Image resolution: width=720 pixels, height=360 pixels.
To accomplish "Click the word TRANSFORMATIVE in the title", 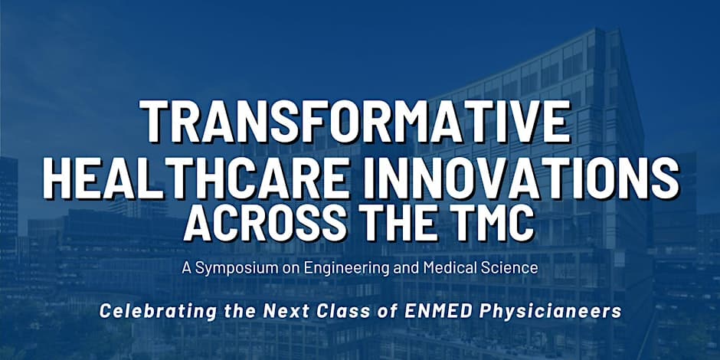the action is (x=355, y=121).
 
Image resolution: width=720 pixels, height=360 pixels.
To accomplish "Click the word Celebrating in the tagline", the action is (x=158, y=311).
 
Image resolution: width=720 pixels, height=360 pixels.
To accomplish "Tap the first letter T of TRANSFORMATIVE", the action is (x=153, y=121).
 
